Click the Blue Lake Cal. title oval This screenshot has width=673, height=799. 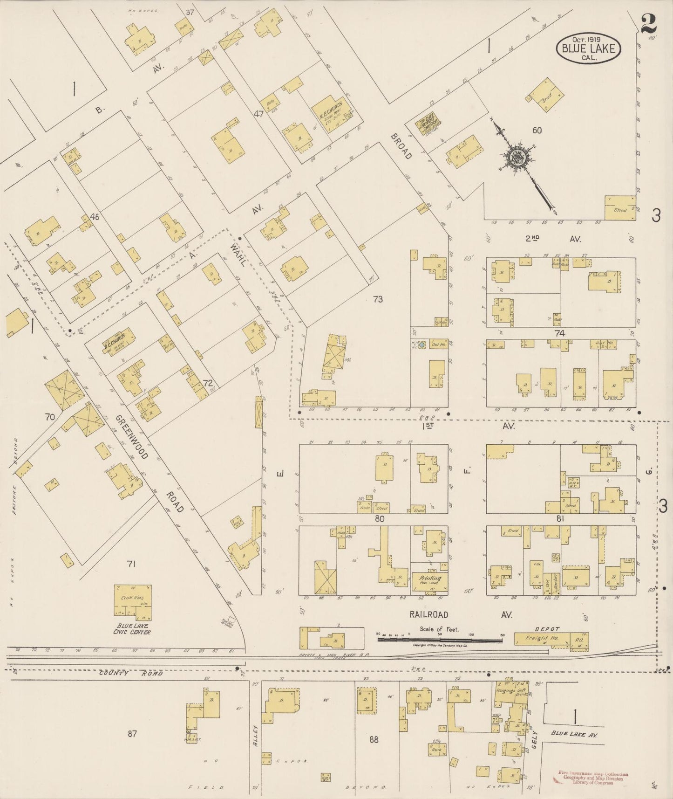[589, 48]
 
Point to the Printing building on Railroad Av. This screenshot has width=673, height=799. [429, 581]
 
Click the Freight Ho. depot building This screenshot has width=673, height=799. [542, 639]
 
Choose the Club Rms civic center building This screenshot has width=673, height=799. [133, 600]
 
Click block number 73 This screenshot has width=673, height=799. [378, 299]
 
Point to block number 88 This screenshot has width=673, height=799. [374, 739]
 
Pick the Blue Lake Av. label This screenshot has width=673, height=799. [574, 734]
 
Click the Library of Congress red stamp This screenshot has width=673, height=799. [593, 778]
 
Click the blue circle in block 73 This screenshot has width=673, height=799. [422, 345]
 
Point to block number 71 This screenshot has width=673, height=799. [131, 564]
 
